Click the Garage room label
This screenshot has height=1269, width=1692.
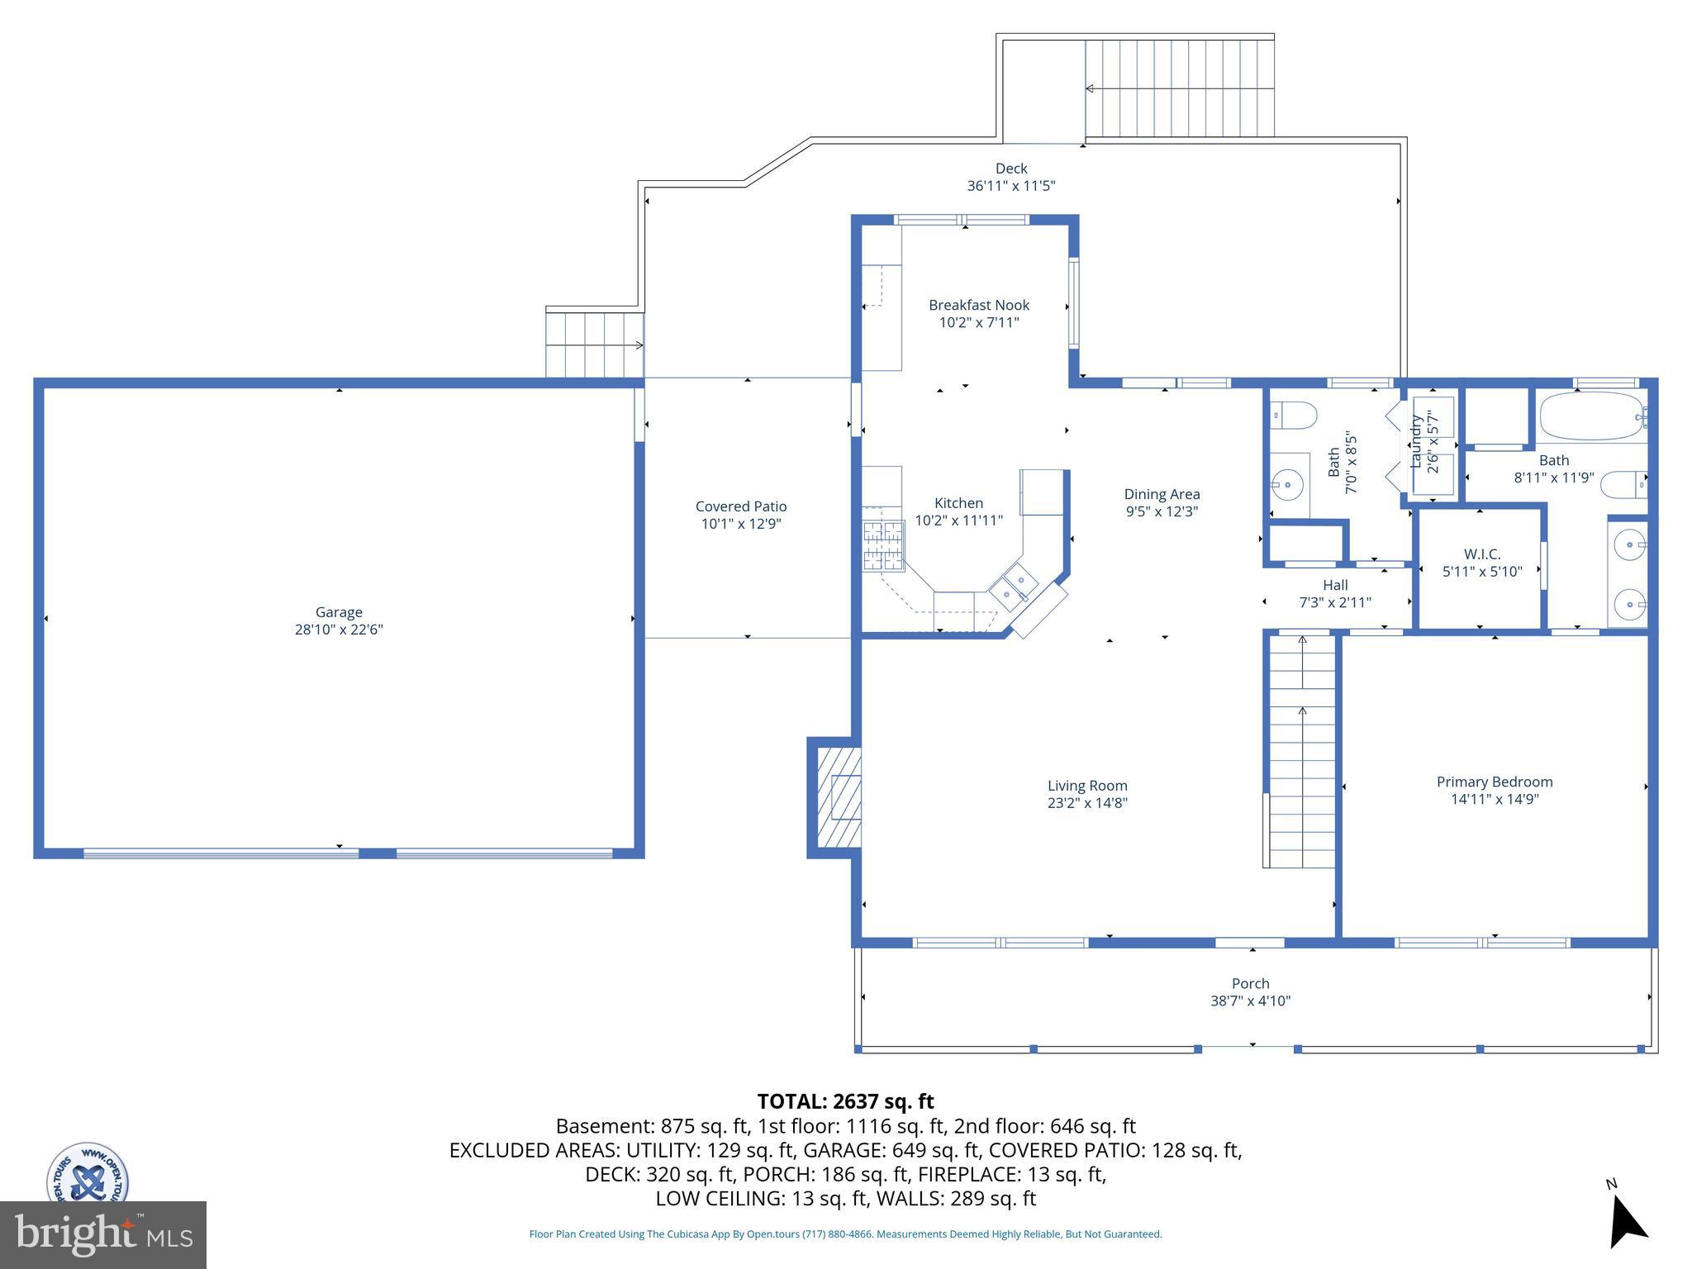339,612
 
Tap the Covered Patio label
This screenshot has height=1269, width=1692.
741,506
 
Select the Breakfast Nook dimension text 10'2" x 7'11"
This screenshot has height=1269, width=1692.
979,322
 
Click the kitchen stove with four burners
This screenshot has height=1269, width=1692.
883,546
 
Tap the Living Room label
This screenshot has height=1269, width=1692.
1087,786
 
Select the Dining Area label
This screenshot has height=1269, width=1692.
1162,494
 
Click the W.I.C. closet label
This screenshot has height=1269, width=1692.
1482,554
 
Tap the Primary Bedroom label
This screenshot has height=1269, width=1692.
1495,782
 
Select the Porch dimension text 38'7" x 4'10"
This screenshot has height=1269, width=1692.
1250,1000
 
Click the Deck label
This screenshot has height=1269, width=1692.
1011,169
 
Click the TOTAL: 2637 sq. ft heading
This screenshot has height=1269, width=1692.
845,1101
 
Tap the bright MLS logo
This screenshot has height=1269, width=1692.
103,1234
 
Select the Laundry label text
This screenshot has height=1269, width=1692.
1416,442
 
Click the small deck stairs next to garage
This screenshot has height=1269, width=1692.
594,345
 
